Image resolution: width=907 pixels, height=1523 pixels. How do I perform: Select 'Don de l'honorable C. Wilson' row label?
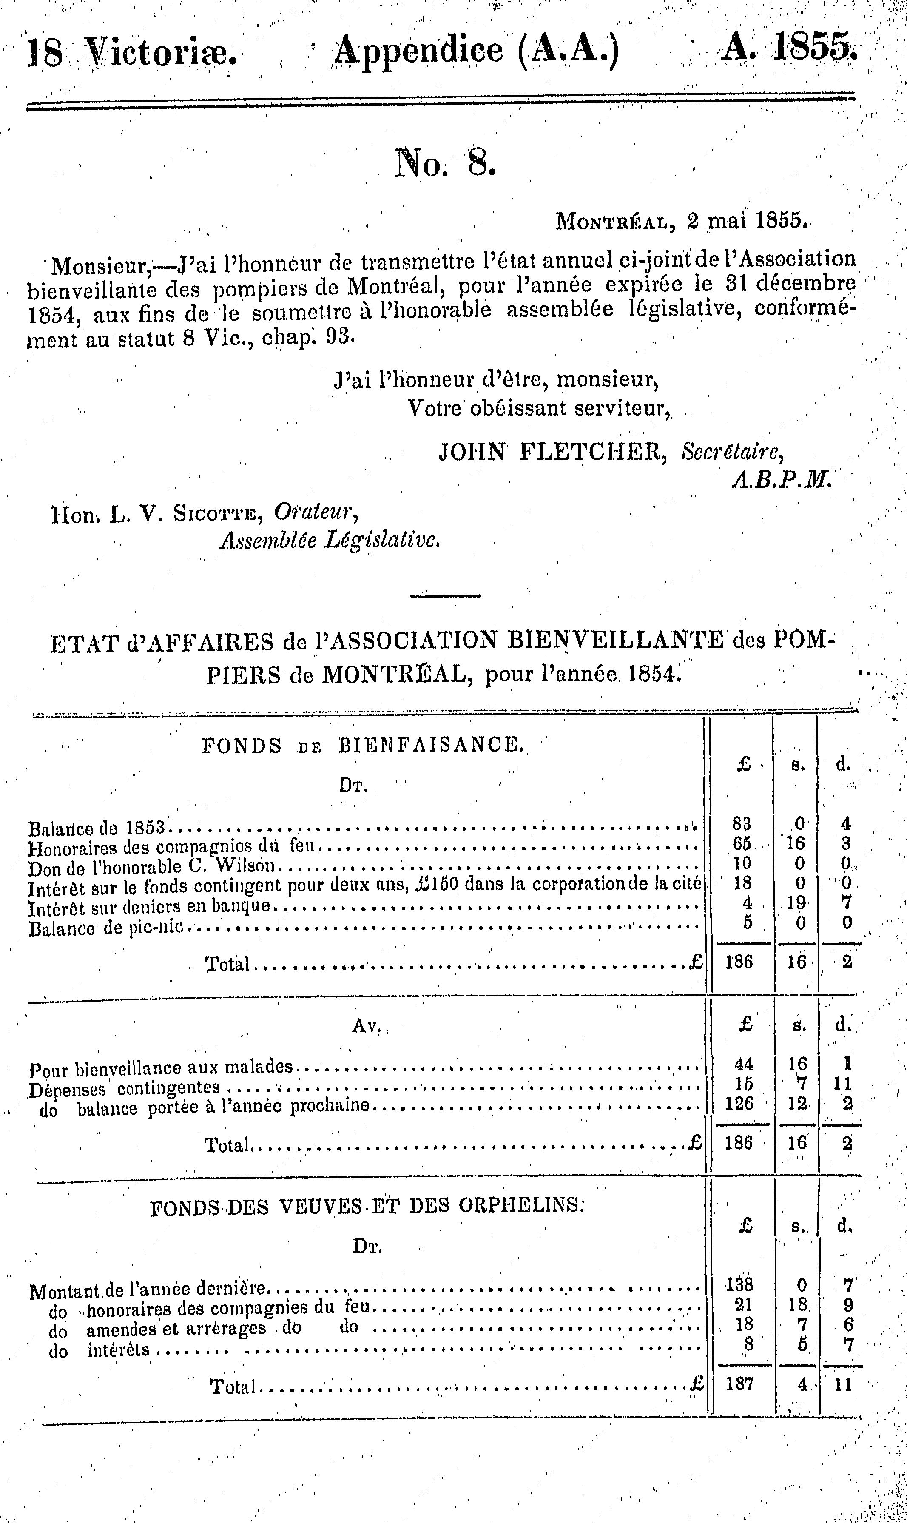coord(151,867)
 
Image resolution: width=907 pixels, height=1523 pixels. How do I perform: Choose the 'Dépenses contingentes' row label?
coord(125,1087)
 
